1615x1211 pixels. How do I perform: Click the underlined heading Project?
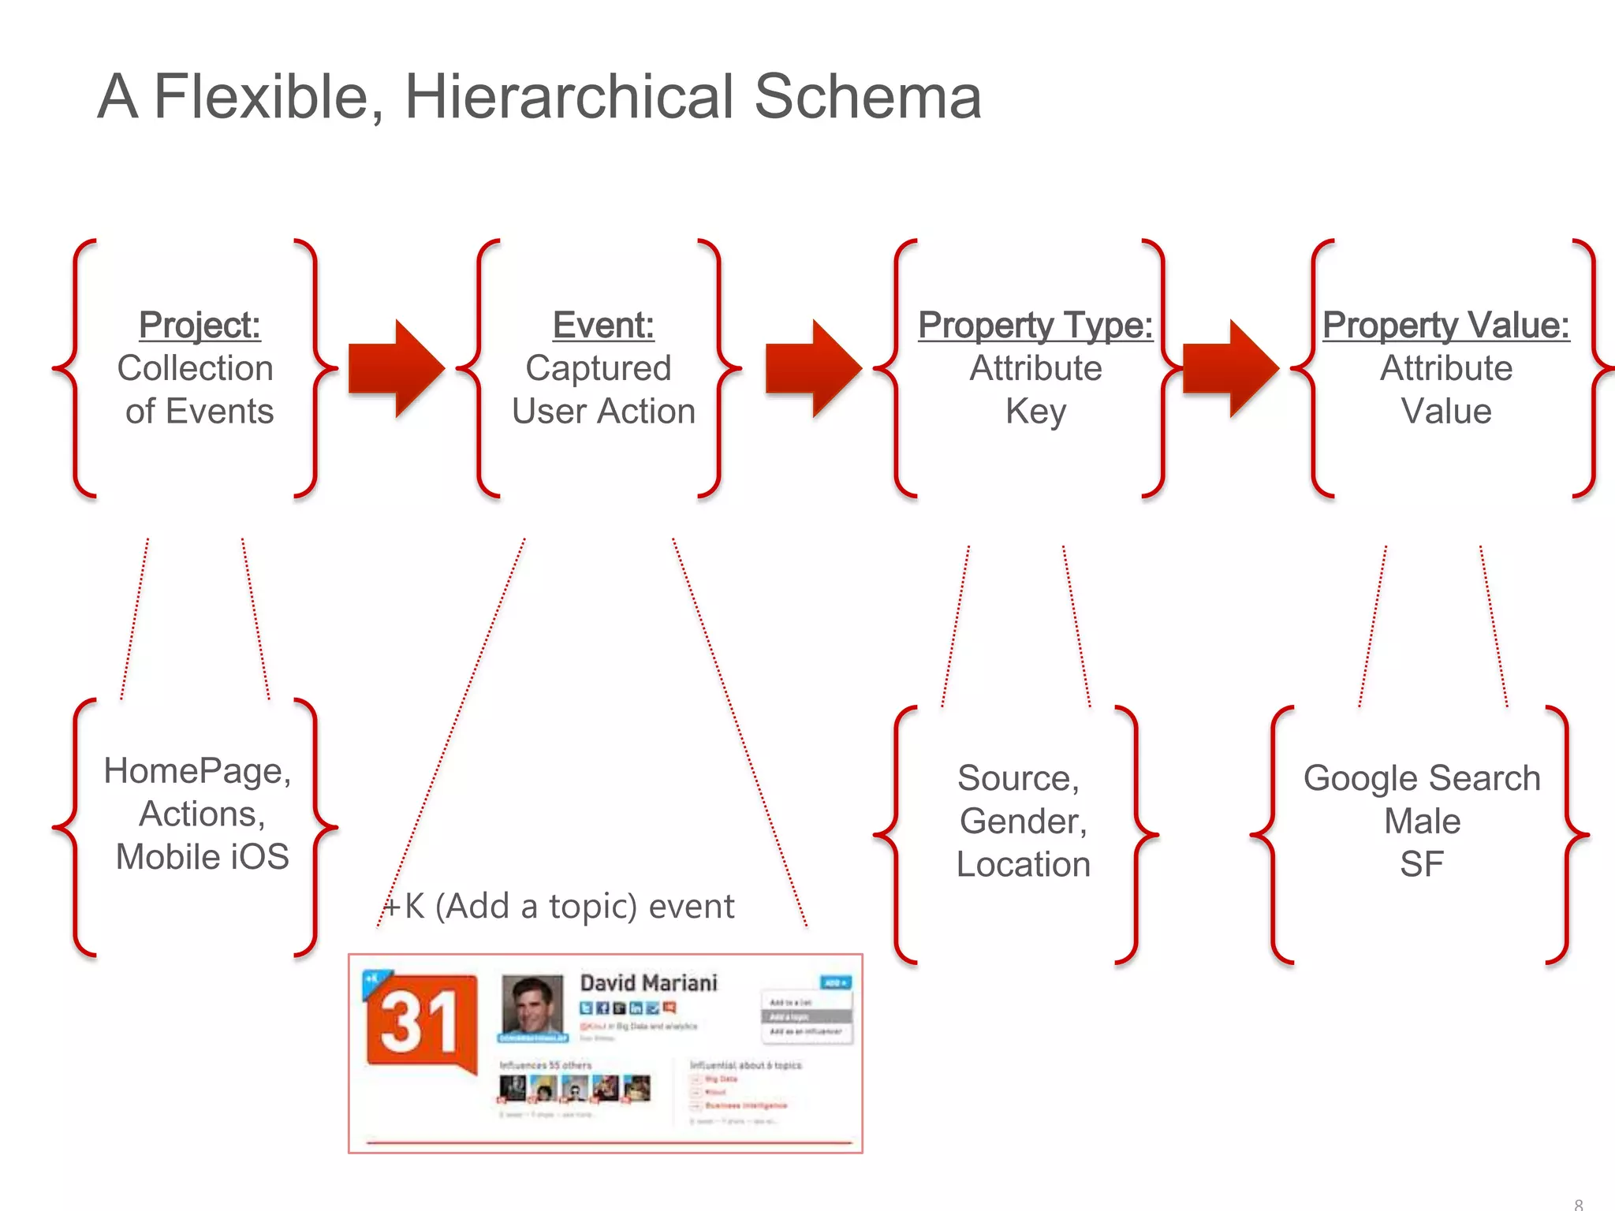[x=200, y=325]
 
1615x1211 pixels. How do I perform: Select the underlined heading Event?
[x=603, y=325]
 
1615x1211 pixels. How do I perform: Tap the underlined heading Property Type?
[x=1035, y=325]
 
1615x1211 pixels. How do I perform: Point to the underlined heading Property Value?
[x=1446, y=325]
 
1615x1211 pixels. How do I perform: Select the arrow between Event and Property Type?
[x=813, y=368]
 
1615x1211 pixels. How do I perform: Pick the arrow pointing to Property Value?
[x=1230, y=368]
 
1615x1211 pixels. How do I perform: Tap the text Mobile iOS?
[x=203, y=857]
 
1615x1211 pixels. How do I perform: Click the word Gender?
[x=1023, y=822]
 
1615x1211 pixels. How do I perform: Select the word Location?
[x=1024, y=865]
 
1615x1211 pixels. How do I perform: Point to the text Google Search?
[x=1422, y=779]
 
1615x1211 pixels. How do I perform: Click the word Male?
[x=1422, y=822]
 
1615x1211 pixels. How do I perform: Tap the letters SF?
[x=1422, y=865]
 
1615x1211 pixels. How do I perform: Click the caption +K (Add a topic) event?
[x=560, y=907]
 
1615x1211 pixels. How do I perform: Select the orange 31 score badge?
[x=421, y=1022]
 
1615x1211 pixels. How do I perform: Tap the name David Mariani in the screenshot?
[x=648, y=983]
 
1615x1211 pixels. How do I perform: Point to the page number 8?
[x=1578, y=1203]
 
